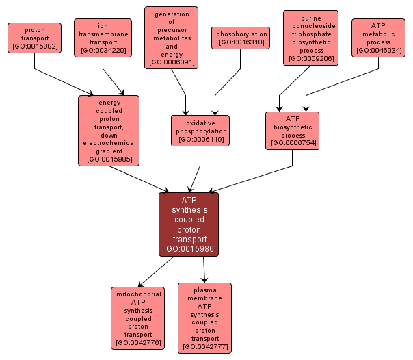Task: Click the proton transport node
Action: (34, 39)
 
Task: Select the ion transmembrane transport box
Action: (103, 38)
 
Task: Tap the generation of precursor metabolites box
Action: (171, 38)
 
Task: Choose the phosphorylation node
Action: (241, 38)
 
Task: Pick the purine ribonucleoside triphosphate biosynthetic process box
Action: (310, 38)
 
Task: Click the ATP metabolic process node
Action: (378, 38)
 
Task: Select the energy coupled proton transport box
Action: (109, 130)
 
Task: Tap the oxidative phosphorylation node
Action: (200, 130)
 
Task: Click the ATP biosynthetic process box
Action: (292, 130)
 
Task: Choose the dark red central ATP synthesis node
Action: (189, 224)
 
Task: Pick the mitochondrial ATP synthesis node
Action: (137, 318)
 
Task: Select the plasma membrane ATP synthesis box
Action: (204, 318)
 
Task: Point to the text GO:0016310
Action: (241, 42)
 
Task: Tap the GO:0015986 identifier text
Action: (189, 249)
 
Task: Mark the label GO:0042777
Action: (205, 348)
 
